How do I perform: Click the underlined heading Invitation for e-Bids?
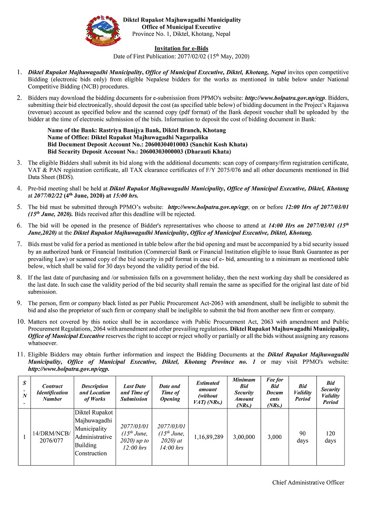pyautogui.click(x=181, y=48)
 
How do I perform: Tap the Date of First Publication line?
pyautogui.click(x=181, y=56)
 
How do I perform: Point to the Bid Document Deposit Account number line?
pyautogui.click(x=147, y=144)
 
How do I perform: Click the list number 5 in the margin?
pyautogui.click(x=19, y=207)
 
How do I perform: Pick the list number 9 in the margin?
pyautogui.click(x=19, y=303)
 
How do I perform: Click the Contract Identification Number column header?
pyautogui.click(x=52, y=392)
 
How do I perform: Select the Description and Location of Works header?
pyautogui.click(x=95, y=392)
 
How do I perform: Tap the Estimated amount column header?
pyautogui.click(x=208, y=392)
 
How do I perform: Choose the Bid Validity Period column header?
pyautogui.click(x=303, y=392)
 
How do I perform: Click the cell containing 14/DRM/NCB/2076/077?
pyautogui.click(x=52, y=437)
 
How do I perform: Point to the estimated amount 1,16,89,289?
pyautogui.click(x=208, y=437)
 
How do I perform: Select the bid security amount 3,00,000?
pyautogui.click(x=244, y=437)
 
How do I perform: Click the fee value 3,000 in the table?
pyautogui.click(x=274, y=437)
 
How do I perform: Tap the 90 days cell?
pyautogui.click(x=303, y=437)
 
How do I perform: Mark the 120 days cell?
pyautogui.click(x=330, y=437)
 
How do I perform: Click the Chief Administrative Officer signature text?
pyautogui.click(x=308, y=482)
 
